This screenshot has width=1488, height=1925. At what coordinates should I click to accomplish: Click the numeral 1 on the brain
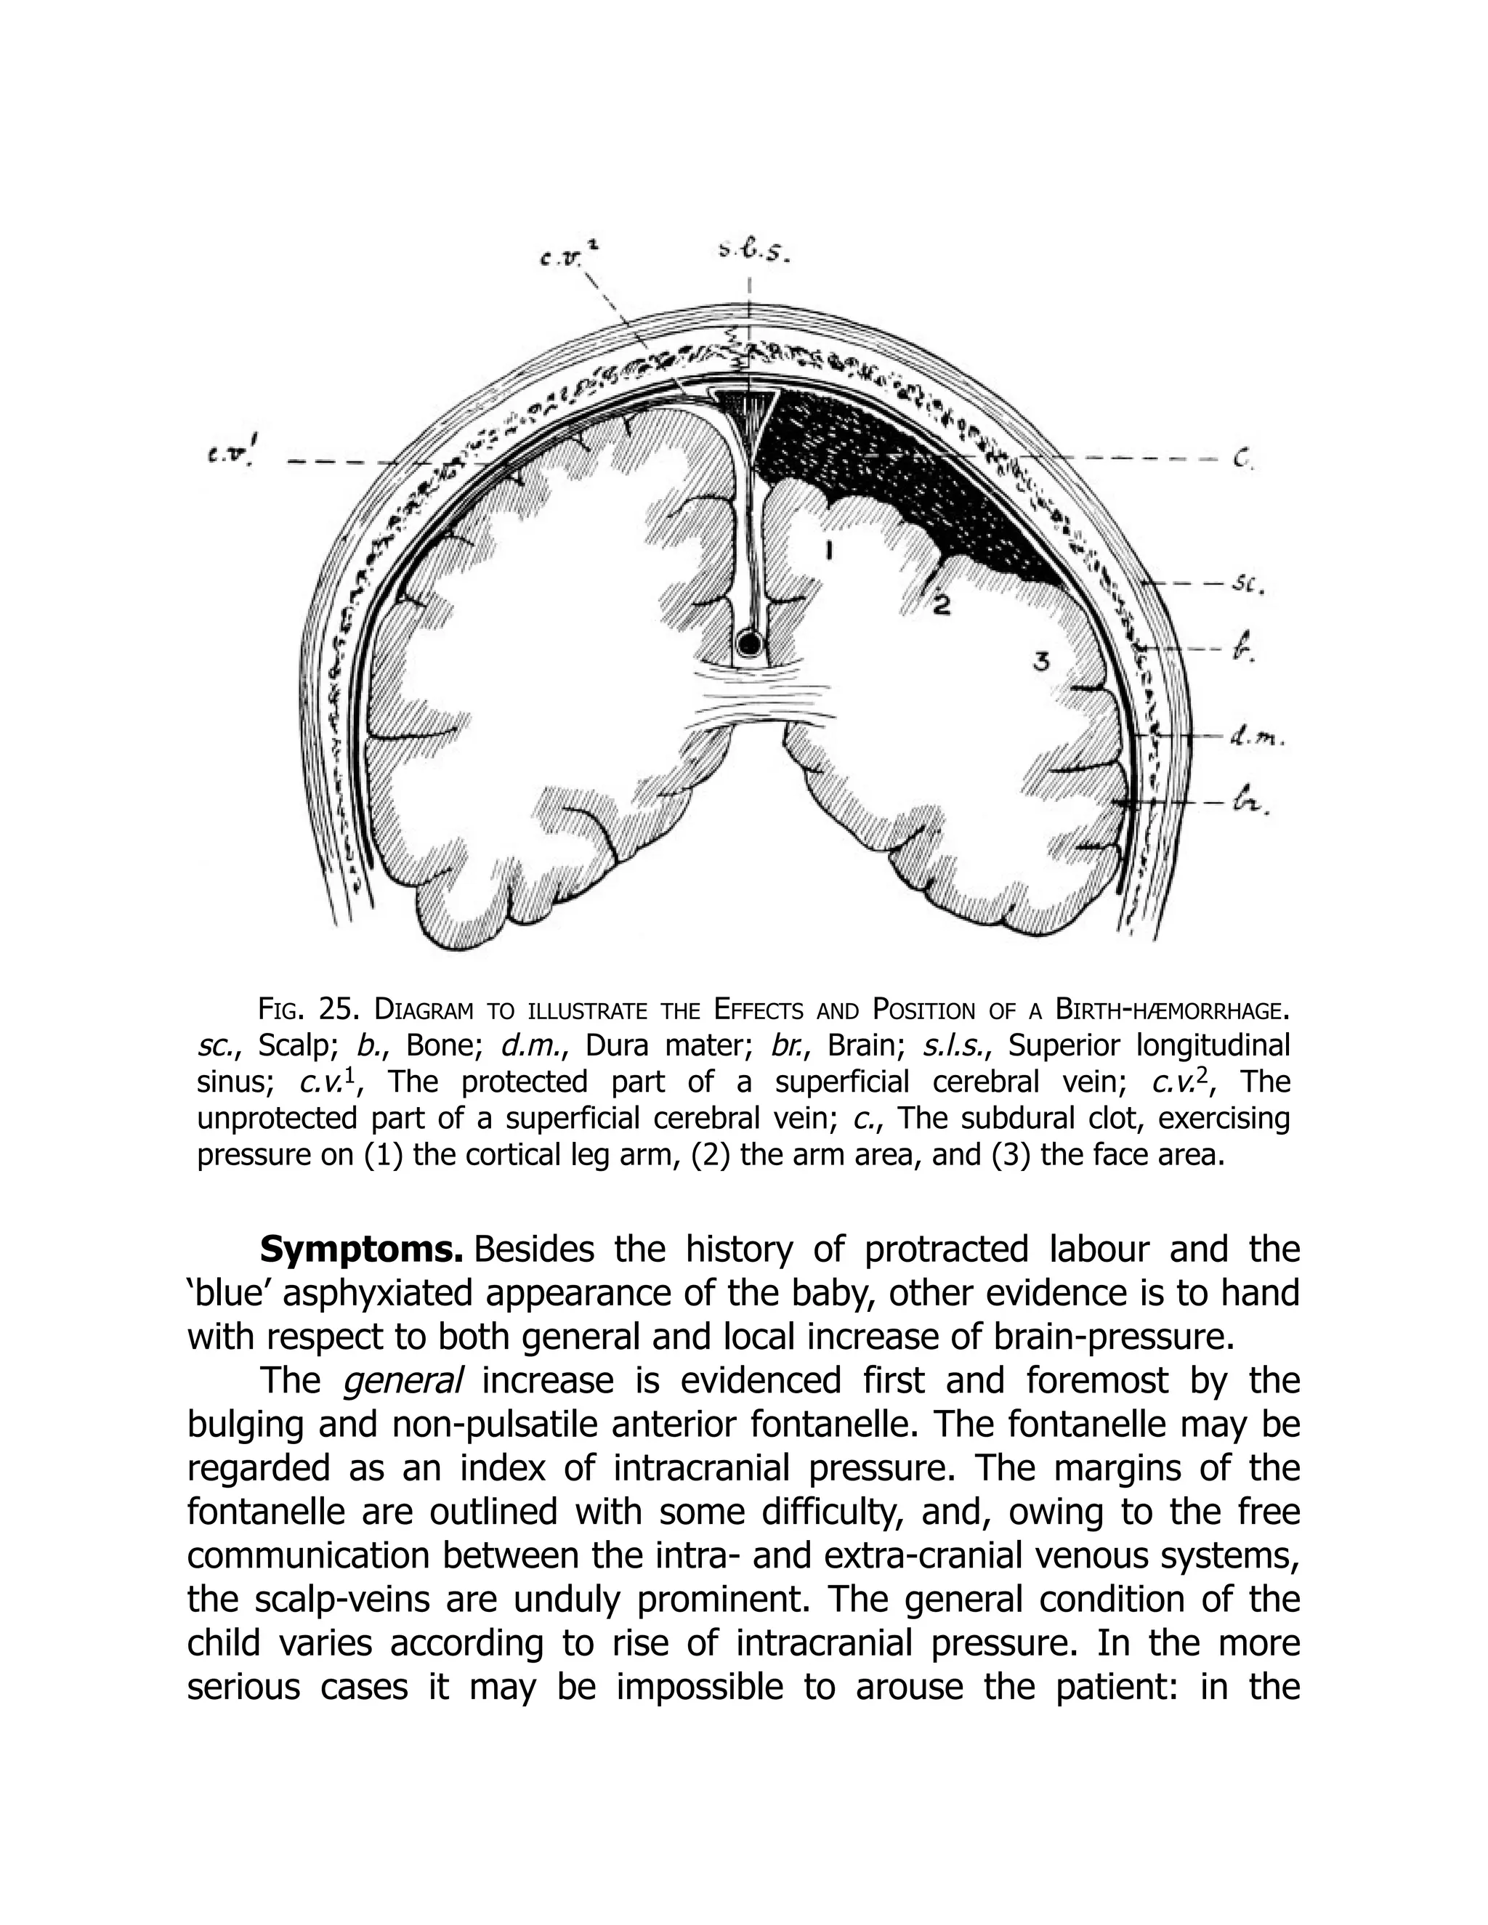pyautogui.click(x=830, y=553)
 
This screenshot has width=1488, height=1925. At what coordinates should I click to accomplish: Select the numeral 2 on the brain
pyautogui.click(x=942, y=606)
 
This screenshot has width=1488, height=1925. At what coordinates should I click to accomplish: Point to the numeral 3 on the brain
pyautogui.click(x=1041, y=661)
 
